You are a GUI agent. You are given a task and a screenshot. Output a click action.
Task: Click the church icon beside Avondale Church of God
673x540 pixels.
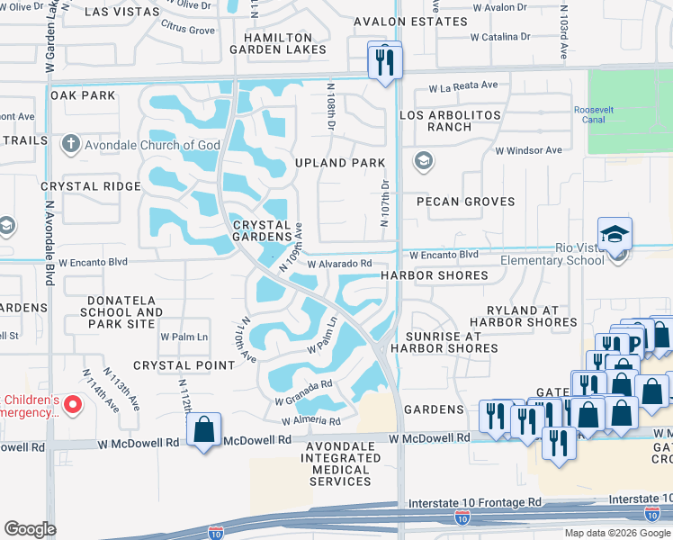(x=70, y=144)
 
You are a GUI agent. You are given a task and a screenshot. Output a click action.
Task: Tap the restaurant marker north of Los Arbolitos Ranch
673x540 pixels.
(x=385, y=62)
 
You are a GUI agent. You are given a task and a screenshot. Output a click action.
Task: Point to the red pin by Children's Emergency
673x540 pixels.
(x=74, y=406)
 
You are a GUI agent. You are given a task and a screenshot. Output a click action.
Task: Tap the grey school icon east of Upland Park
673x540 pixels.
(x=422, y=162)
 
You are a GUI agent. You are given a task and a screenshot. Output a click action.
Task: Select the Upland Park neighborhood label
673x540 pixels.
(x=340, y=163)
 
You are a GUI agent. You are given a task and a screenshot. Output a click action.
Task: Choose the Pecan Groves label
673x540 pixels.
(x=464, y=202)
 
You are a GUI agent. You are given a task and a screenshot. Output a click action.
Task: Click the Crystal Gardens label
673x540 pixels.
(x=262, y=232)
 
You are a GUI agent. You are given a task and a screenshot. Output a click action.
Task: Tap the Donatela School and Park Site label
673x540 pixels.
(x=125, y=312)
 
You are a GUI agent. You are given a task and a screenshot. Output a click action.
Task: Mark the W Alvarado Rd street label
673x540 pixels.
(x=339, y=264)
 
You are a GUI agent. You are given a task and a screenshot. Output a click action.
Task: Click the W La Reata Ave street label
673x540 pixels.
(x=463, y=86)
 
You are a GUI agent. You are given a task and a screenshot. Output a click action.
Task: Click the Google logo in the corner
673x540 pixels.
(x=30, y=529)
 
